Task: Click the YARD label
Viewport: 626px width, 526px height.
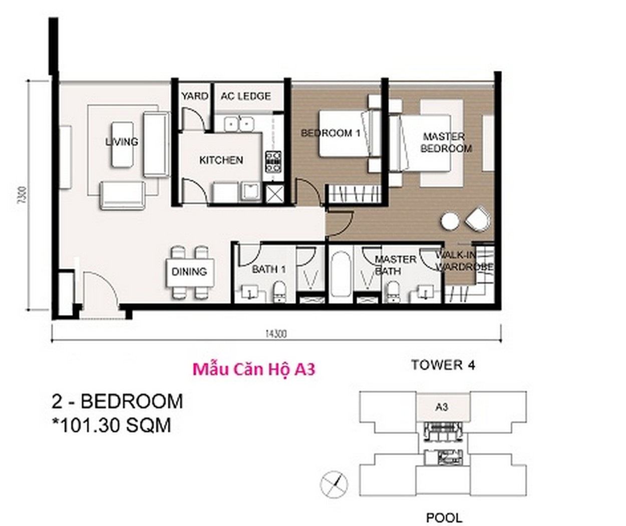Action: (195, 96)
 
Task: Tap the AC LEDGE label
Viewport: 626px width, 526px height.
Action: (246, 96)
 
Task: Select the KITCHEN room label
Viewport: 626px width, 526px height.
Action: (221, 160)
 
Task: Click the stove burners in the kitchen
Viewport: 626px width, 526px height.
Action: (273, 162)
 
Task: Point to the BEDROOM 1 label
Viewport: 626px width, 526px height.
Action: (331, 133)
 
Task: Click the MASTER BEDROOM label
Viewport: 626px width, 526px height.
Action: (446, 143)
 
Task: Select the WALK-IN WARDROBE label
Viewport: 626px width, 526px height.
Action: (464, 261)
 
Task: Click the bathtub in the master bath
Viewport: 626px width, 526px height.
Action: (341, 275)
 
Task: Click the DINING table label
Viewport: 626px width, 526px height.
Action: (189, 272)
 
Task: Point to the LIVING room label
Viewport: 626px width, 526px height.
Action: (122, 142)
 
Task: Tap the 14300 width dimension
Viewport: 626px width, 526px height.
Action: (276, 334)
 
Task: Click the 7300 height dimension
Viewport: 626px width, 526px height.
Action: (24, 195)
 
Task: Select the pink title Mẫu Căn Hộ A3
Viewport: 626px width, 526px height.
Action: (254, 369)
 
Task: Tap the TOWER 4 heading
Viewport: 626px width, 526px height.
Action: (443, 365)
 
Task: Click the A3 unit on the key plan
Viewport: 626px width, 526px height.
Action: (442, 407)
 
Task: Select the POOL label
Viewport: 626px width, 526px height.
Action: (444, 517)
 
